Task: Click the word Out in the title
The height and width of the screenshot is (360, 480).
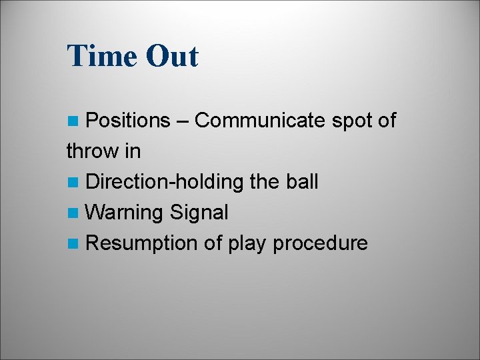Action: coord(171,56)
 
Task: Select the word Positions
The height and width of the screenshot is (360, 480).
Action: coord(129,121)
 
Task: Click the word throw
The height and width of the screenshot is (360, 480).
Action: coord(92,151)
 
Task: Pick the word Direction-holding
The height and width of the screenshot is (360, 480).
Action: coord(166,182)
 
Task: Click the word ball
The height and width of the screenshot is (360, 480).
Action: coord(303,182)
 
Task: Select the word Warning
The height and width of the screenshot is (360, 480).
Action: coord(125,213)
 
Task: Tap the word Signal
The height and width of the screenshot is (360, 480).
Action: coord(199,213)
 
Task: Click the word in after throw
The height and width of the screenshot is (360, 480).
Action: coord(132,151)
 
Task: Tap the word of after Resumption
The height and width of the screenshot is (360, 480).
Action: coord(213,243)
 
